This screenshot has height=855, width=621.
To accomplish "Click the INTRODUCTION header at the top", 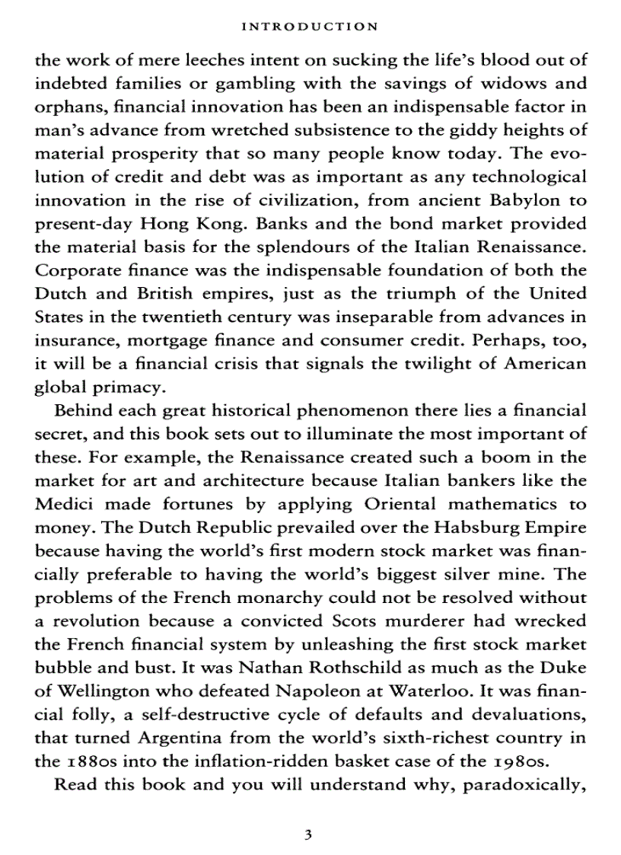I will pyautogui.click(x=308, y=27).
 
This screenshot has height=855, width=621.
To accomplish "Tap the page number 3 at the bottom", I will pyautogui.click(x=308, y=834).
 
